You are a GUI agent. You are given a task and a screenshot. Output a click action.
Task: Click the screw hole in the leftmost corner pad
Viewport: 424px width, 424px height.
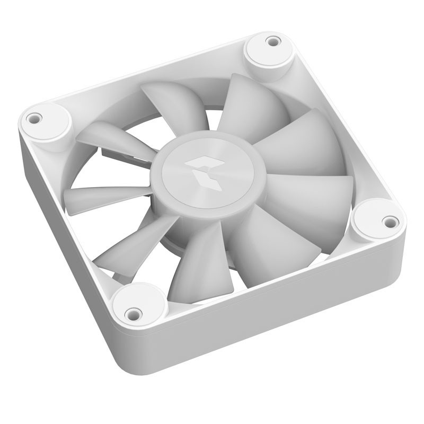coord(34,118)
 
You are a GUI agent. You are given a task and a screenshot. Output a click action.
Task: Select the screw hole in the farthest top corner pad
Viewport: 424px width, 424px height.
coord(273,41)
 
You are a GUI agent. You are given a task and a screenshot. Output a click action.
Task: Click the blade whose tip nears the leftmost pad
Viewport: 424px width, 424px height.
coord(109,136)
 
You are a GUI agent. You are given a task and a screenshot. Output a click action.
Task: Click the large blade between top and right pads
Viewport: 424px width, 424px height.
coord(307,143)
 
